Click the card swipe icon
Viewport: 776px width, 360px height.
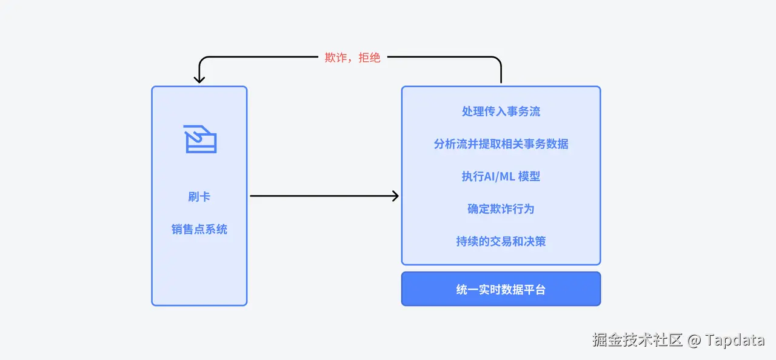coord(200,139)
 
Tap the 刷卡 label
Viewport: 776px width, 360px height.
coord(199,197)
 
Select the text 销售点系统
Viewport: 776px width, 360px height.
coord(199,229)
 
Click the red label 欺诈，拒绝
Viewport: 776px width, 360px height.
coord(352,58)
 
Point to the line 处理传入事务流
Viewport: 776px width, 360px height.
coord(501,112)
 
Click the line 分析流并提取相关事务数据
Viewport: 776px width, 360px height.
coord(501,144)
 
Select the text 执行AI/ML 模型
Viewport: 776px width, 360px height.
coord(501,176)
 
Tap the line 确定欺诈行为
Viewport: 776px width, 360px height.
coord(501,208)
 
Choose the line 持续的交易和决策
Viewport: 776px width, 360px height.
coord(501,241)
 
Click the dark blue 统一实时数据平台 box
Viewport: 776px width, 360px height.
coord(501,289)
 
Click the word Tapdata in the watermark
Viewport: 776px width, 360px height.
coord(734,340)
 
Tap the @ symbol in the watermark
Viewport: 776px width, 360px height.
coord(694,341)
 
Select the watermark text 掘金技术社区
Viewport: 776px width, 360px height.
coord(637,340)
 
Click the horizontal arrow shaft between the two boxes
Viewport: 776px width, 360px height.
coord(324,196)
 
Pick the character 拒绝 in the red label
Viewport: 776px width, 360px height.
coord(370,58)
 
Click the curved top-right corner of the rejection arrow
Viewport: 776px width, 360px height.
coord(498,59)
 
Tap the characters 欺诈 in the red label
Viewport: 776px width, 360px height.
coord(336,58)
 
